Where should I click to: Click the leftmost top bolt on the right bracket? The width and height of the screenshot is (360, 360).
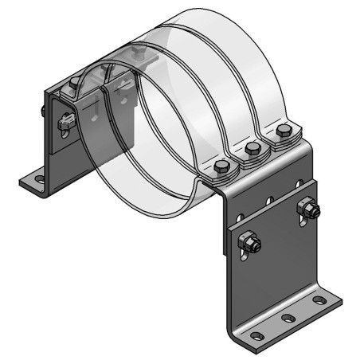pyautogui.click(x=223, y=166)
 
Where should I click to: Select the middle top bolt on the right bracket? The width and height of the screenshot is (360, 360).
pyautogui.click(x=253, y=148)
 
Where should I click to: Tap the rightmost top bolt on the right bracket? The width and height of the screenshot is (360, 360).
pyautogui.click(x=283, y=131)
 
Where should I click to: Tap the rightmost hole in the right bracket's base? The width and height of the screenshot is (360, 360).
pyautogui.click(x=319, y=300)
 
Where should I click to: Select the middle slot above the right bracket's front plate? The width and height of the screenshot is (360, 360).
pyautogui.click(x=270, y=200)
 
